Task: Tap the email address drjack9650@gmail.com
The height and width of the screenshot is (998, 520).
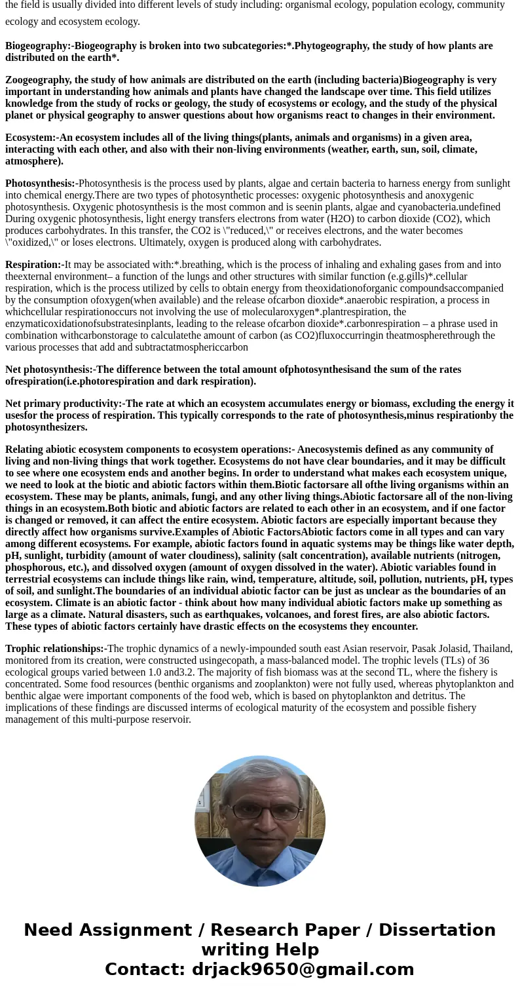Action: pyautogui.click(x=303, y=969)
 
